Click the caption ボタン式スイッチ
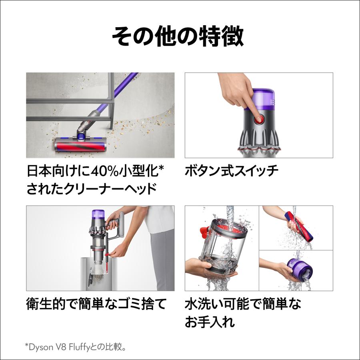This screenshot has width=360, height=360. coord(232,172)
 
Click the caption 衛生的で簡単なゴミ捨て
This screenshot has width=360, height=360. coord(96,305)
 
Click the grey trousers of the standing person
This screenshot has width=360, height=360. coord(161,260)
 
